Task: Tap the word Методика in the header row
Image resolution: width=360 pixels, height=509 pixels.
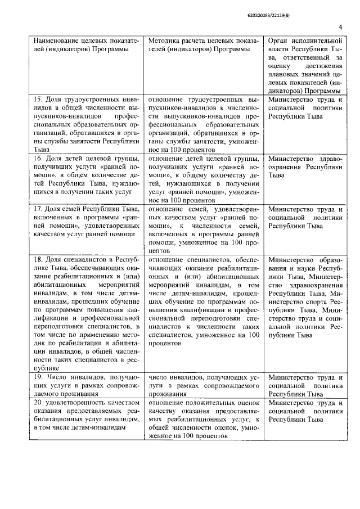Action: pyautogui.click(x=164, y=42)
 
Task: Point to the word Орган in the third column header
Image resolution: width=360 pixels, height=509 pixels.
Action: pyautogui.click(x=279, y=42)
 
